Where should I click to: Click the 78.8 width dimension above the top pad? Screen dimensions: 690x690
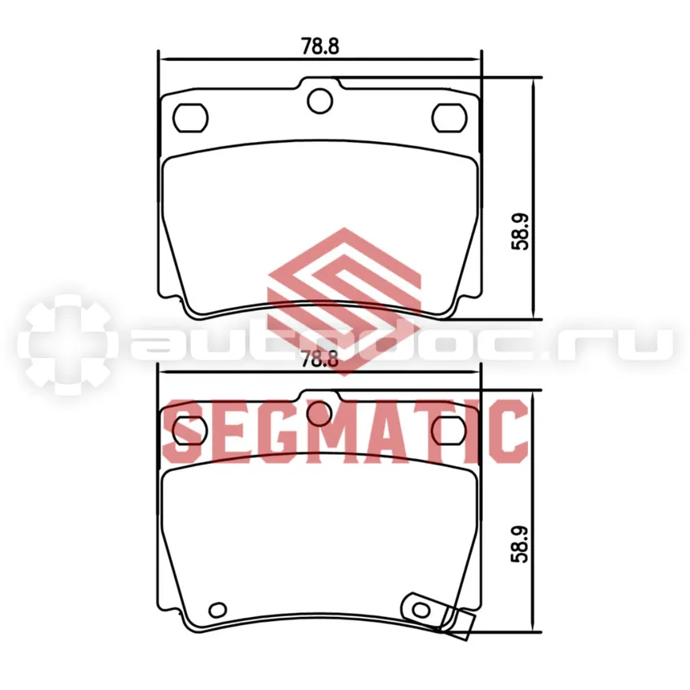pos(320,46)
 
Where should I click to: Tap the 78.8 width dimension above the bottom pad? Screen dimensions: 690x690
pos(320,359)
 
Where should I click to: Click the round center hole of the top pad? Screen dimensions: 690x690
pos(320,101)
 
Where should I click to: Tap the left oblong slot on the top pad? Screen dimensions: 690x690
pos(190,117)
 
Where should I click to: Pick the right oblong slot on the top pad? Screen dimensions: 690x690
pos(448,117)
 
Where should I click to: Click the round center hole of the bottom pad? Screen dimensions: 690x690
pos(320,414)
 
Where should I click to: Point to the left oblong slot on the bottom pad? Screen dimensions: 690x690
pos(190,430)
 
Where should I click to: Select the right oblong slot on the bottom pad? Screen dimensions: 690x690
pos(448,430)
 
